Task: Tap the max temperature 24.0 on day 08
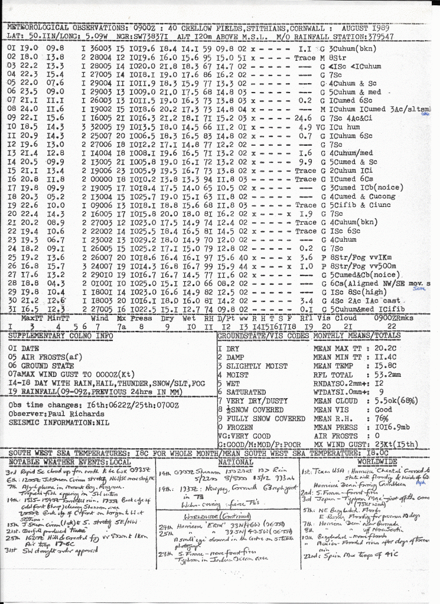[28, 109]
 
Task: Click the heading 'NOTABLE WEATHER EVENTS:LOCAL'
[70, 462]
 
